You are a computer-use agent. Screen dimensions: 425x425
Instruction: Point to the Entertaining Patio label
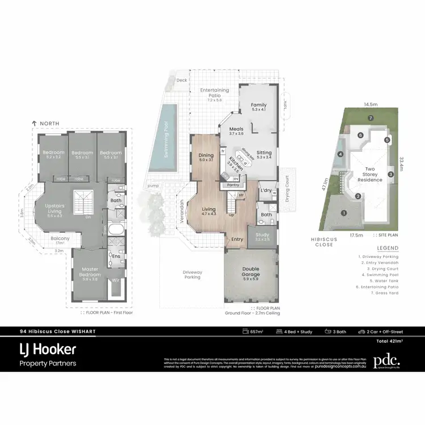pyautogui.click(x=214, y=93)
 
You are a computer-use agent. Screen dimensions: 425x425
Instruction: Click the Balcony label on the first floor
pyautogui.click(x=60, y=239)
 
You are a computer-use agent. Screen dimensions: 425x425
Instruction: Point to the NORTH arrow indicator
pyautogui.click(x=45, y=123)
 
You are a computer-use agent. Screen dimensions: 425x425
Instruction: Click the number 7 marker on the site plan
pyautogui.click(x=369, y=118)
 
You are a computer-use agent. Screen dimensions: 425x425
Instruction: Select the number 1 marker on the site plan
pyautogui.click(x=344, y=213)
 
